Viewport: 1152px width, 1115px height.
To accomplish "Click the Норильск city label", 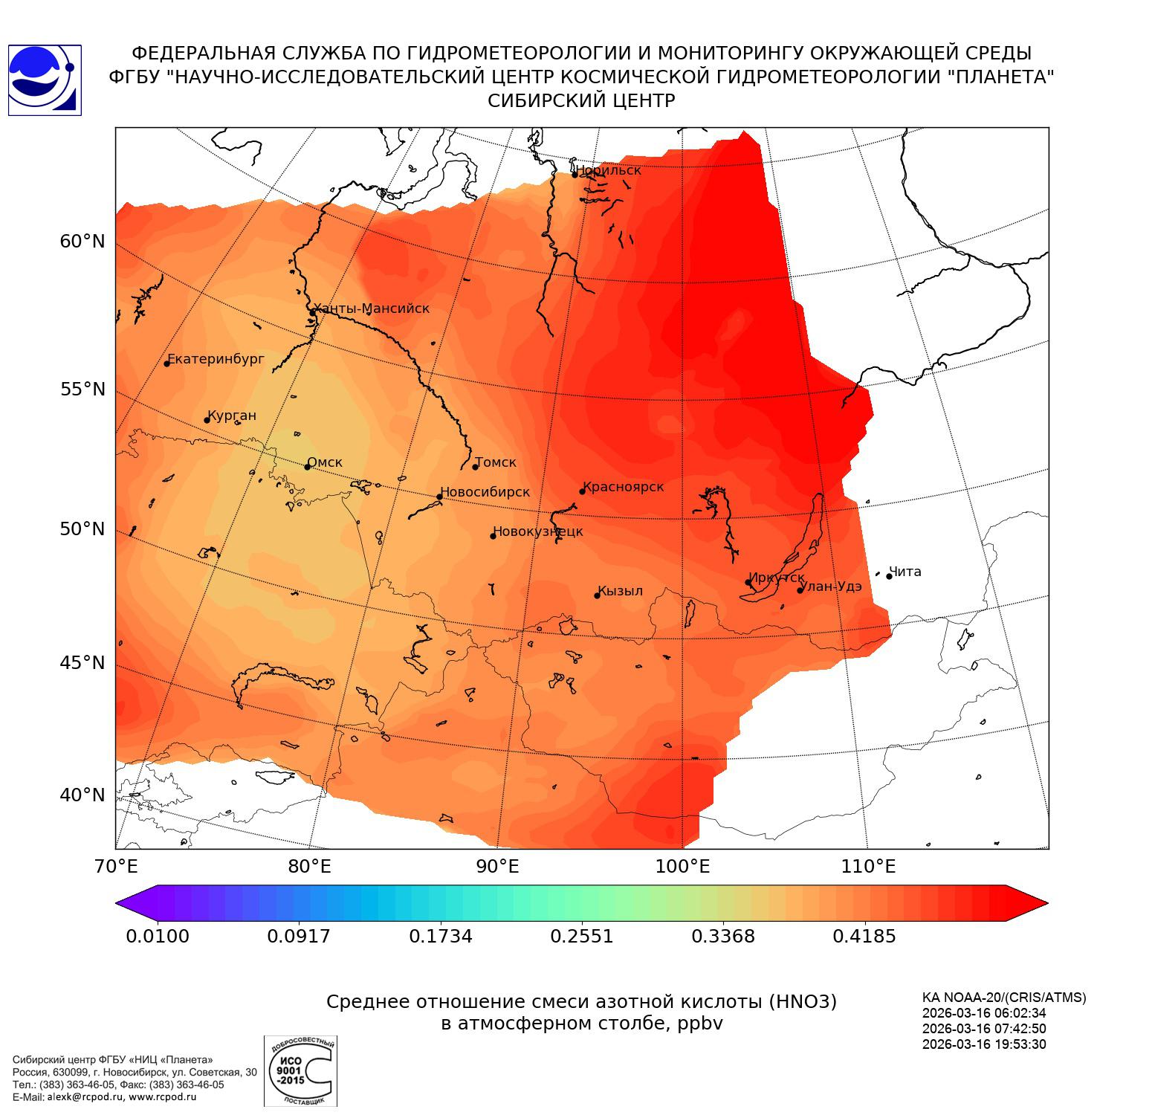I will click(608, 170).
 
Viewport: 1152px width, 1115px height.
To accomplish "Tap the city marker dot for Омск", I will click(307, 467).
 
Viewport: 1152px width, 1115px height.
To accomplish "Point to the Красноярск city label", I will click(624, 487).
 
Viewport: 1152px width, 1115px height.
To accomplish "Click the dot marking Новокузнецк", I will click(493, 536).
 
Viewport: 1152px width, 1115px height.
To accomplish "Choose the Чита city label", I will click(905, 572).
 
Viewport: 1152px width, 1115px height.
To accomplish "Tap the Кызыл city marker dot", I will click(597, 595).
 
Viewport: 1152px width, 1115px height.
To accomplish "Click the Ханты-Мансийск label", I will click(372, 308).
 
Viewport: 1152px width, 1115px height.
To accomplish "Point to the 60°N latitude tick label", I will click(82, 242).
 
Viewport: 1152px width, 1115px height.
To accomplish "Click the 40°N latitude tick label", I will click(82, 795).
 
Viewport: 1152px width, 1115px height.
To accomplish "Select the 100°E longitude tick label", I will click(682, 866).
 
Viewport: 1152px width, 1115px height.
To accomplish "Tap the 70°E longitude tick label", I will click(115, 866).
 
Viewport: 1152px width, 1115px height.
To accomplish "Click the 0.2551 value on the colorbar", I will click(581, 936).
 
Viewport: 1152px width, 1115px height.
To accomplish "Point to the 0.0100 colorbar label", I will click(157, 936).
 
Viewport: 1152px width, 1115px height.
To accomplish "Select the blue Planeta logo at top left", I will click(45, 80).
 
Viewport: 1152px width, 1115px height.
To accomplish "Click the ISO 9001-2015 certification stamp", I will click(300, 1071).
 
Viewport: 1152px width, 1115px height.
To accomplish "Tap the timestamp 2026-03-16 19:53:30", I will click(984, 1044).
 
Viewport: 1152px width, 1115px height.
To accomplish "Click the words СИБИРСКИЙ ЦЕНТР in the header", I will click(581, 101).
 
